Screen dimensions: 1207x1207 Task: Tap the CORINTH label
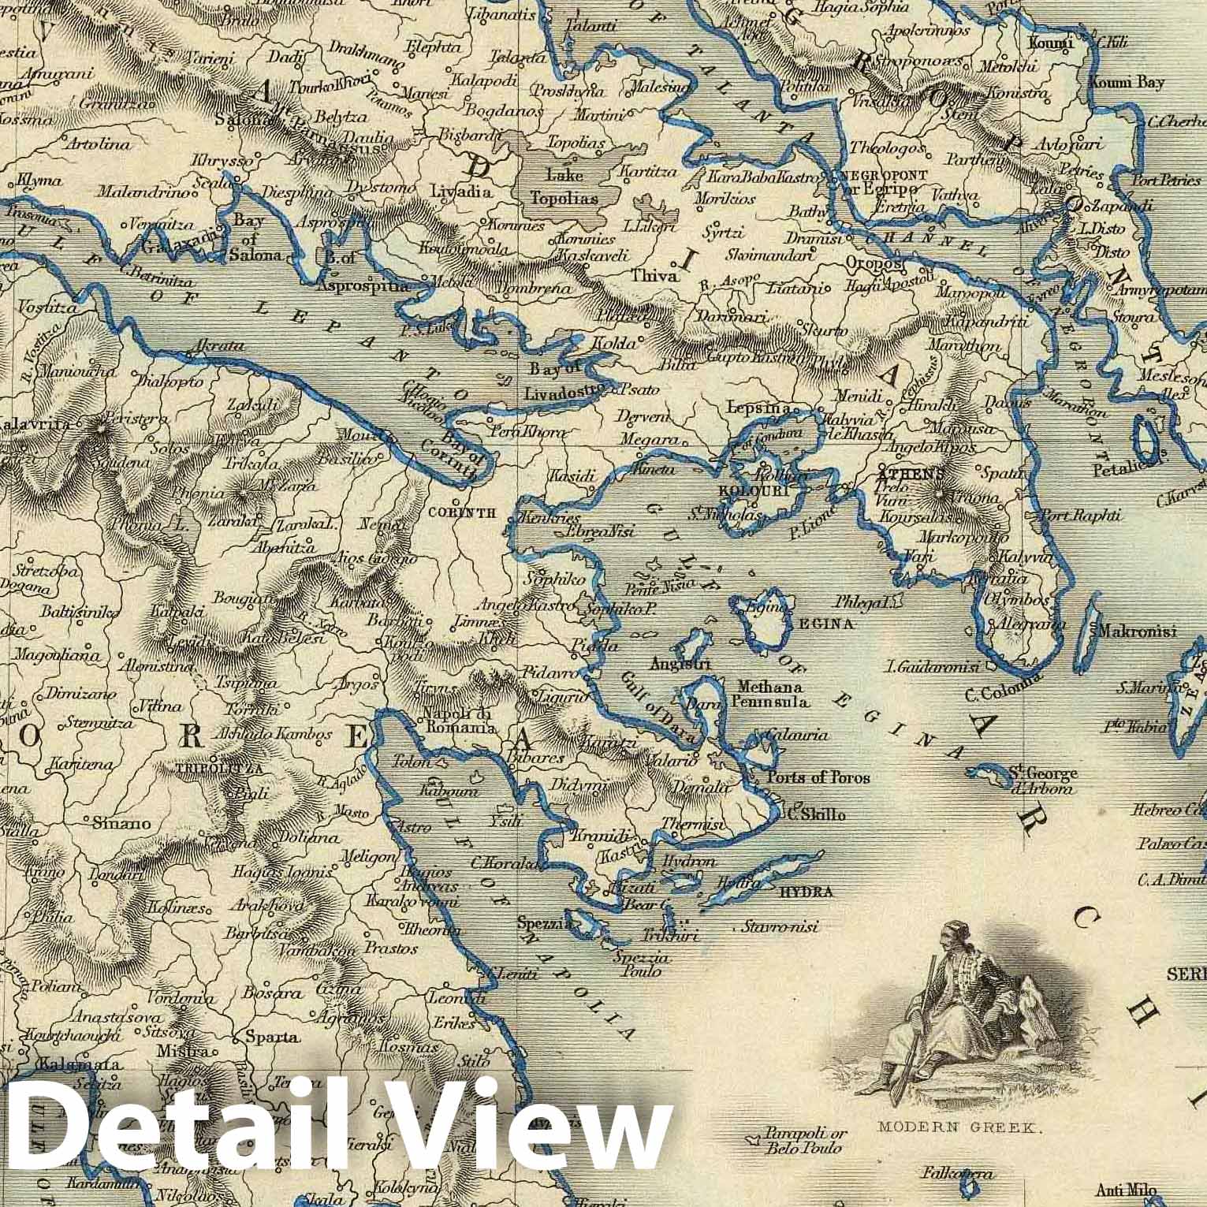point(461,512)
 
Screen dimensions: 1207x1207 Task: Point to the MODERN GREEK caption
point(958,1127)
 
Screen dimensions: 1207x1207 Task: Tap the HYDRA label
point(807,892)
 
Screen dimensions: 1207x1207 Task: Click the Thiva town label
point(654,277)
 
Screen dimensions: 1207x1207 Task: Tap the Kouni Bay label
point(1126,82)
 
